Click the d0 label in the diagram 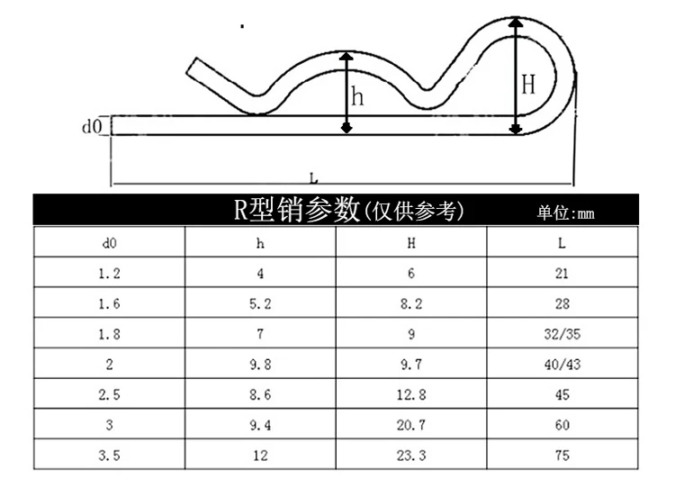[91, 126]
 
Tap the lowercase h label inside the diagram [358, 97]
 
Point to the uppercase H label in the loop [528, 86]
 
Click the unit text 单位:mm [566, 213]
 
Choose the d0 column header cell [109, 243]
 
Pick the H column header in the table [411, 243]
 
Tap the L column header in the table [562, 243]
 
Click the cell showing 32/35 [562, 334]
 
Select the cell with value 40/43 [562, 365]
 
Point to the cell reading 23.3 [411, 456]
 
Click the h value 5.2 [260, 304]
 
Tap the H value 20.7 [411, 425]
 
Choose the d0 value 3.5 [109, 456]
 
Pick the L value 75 [562, 456]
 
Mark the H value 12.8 [411, 395]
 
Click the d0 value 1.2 [109, 274]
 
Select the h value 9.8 [260, 365]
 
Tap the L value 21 [562, 274]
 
